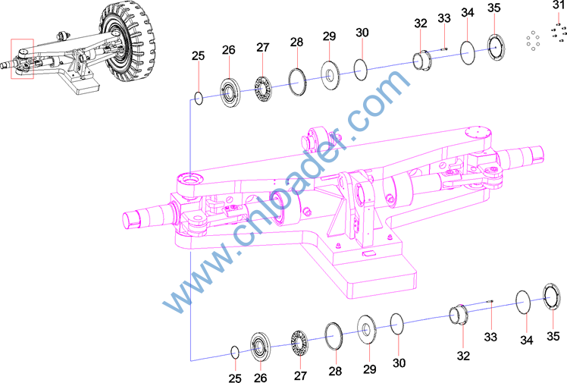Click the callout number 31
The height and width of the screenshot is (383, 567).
point(559,5)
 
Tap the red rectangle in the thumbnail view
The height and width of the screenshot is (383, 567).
point(23,39)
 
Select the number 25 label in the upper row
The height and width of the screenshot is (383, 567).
point(198,55)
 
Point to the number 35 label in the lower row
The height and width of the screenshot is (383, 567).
point(553,336)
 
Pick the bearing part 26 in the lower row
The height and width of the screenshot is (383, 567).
point(260,347)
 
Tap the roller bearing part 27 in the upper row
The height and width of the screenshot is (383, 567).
point(264,89)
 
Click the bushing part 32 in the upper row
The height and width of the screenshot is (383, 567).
point(422,61)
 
